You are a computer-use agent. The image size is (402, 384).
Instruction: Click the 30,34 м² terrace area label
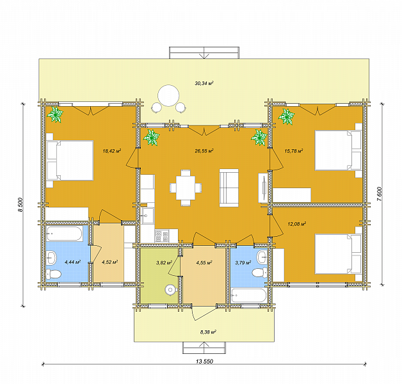204,83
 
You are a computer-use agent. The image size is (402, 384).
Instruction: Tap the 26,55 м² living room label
204,151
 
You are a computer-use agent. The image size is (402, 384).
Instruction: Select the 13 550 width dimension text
204,362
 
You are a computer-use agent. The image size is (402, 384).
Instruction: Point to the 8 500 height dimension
20,205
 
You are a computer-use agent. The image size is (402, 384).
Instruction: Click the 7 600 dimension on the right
380,194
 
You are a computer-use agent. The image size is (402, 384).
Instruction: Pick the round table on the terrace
168,95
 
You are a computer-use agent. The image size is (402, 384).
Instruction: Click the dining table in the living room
186,188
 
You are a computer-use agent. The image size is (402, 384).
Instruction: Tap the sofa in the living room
229,188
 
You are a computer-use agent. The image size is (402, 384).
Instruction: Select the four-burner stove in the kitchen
162,236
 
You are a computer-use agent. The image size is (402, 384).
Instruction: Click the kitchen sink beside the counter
148,216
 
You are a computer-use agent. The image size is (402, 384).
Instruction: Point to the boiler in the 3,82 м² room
171,290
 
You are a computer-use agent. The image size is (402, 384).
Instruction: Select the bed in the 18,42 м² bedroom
70,160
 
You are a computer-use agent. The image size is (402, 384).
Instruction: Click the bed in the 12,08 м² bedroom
338,254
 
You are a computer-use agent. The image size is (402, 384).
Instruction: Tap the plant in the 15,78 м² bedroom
287,116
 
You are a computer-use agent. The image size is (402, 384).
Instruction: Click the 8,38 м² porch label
208,332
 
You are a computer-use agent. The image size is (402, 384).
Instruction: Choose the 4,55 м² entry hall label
204,263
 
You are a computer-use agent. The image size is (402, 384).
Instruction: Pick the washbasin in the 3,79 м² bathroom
262,257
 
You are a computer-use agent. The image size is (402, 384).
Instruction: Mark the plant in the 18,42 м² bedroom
55,115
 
